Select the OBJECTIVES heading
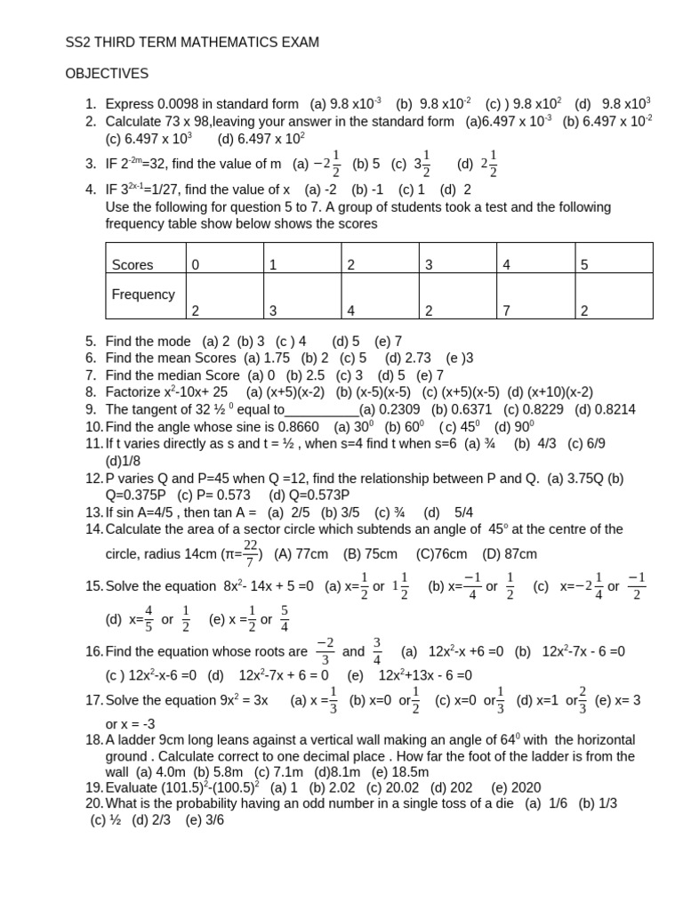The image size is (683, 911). (107, 73)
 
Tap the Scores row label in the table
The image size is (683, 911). (133, 264)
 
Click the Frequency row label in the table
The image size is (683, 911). (143, 294)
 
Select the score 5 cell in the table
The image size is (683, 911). (584, 264)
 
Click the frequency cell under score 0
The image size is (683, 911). (195, 310)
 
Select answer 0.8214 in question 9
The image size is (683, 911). (615, 409)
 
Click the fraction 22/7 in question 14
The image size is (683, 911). (250, 553)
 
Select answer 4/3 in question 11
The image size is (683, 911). (543, 444)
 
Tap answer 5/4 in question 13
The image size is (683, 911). (463, 512)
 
